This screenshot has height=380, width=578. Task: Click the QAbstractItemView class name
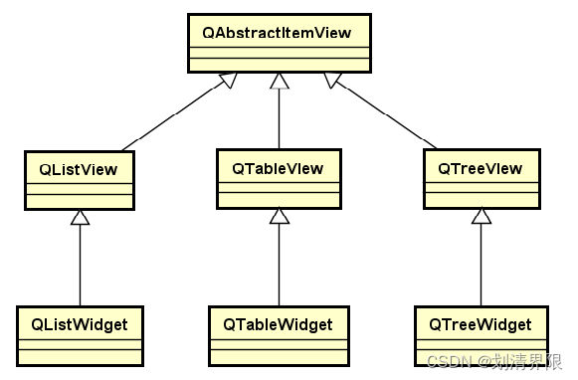point(279,33)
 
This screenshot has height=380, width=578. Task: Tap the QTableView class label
point(279,167)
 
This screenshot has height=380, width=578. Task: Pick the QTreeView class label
point(482,167)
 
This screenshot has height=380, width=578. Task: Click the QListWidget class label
point(79,324)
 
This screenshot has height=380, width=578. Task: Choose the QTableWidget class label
point(279,324)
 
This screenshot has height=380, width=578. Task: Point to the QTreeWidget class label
point(482,324)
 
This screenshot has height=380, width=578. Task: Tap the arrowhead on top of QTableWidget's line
point(279,217)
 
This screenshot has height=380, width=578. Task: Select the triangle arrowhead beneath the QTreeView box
point(482,217)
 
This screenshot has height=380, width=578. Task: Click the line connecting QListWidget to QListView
point(79,264)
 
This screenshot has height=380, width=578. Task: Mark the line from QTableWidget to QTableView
point(279,264)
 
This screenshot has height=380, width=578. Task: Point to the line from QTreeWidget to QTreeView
point(482,264)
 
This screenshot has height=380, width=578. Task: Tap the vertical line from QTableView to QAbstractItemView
point(279,119)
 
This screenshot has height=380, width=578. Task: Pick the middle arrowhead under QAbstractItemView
point(279,83)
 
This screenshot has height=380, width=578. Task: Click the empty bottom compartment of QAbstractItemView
point(279,66)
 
